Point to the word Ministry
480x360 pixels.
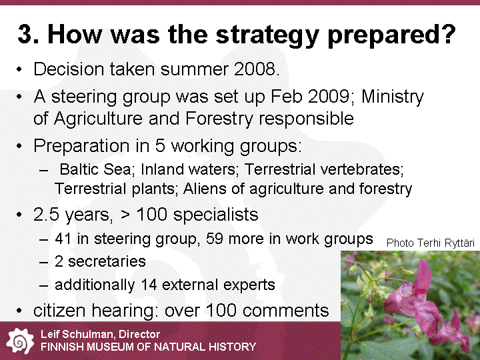393,97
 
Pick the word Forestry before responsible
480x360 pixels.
219,119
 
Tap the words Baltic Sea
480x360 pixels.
95,169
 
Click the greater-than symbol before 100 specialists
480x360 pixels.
125,215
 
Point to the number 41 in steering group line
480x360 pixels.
63,239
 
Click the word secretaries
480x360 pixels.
107,262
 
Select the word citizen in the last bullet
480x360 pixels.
60,311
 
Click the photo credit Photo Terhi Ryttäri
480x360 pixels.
431,243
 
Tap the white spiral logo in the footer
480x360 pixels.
20,341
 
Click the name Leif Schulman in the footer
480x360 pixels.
77,334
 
